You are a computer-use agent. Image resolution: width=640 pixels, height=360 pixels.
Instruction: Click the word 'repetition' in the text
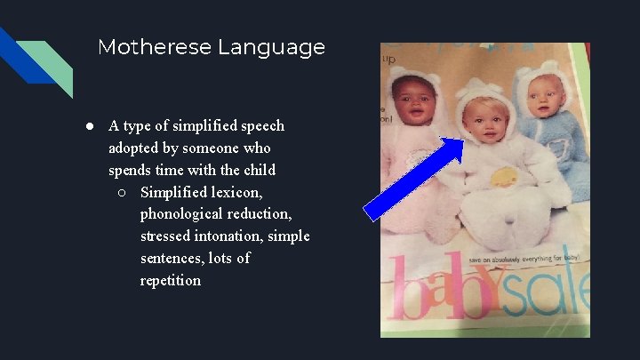click(x=171, y=281)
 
